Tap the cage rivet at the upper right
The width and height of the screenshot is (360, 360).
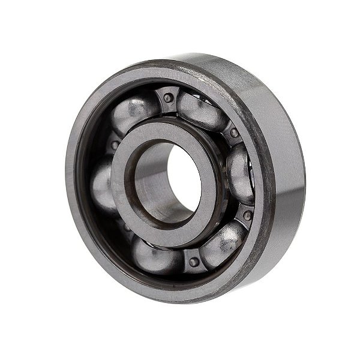234,133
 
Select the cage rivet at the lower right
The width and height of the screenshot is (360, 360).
247,215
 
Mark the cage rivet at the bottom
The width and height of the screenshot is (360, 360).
193,262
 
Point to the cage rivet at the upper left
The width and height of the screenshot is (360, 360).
114,145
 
